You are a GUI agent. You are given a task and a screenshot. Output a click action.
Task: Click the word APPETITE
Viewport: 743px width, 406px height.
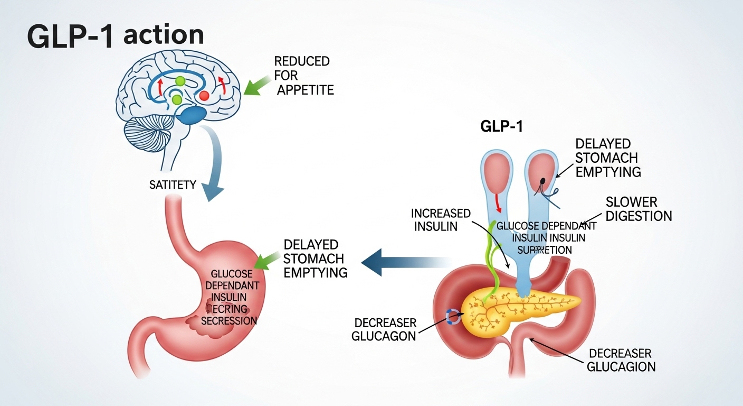click(x=306, y=90)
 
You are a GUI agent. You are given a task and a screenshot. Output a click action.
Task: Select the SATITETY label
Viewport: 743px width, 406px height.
click(x=173, y=185)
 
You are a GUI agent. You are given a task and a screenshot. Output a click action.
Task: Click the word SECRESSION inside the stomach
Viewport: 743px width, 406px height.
click(x=229, y=321)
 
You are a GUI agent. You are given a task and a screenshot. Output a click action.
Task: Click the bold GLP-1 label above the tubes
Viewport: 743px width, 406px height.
click(x=501, y=126)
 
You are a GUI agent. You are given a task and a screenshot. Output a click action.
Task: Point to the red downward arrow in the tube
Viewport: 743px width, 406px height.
click(x=497, y=204)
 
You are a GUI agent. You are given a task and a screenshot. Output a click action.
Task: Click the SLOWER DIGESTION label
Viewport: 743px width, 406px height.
click(x=639, y=209)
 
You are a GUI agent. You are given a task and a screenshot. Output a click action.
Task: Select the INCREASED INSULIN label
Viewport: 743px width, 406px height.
click(x=441, y=220)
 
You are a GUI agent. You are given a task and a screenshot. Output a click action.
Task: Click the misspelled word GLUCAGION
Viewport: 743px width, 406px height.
click(x=622, y=366)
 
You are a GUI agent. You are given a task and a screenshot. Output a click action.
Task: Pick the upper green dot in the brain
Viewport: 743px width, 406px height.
click(x=180, y=81)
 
